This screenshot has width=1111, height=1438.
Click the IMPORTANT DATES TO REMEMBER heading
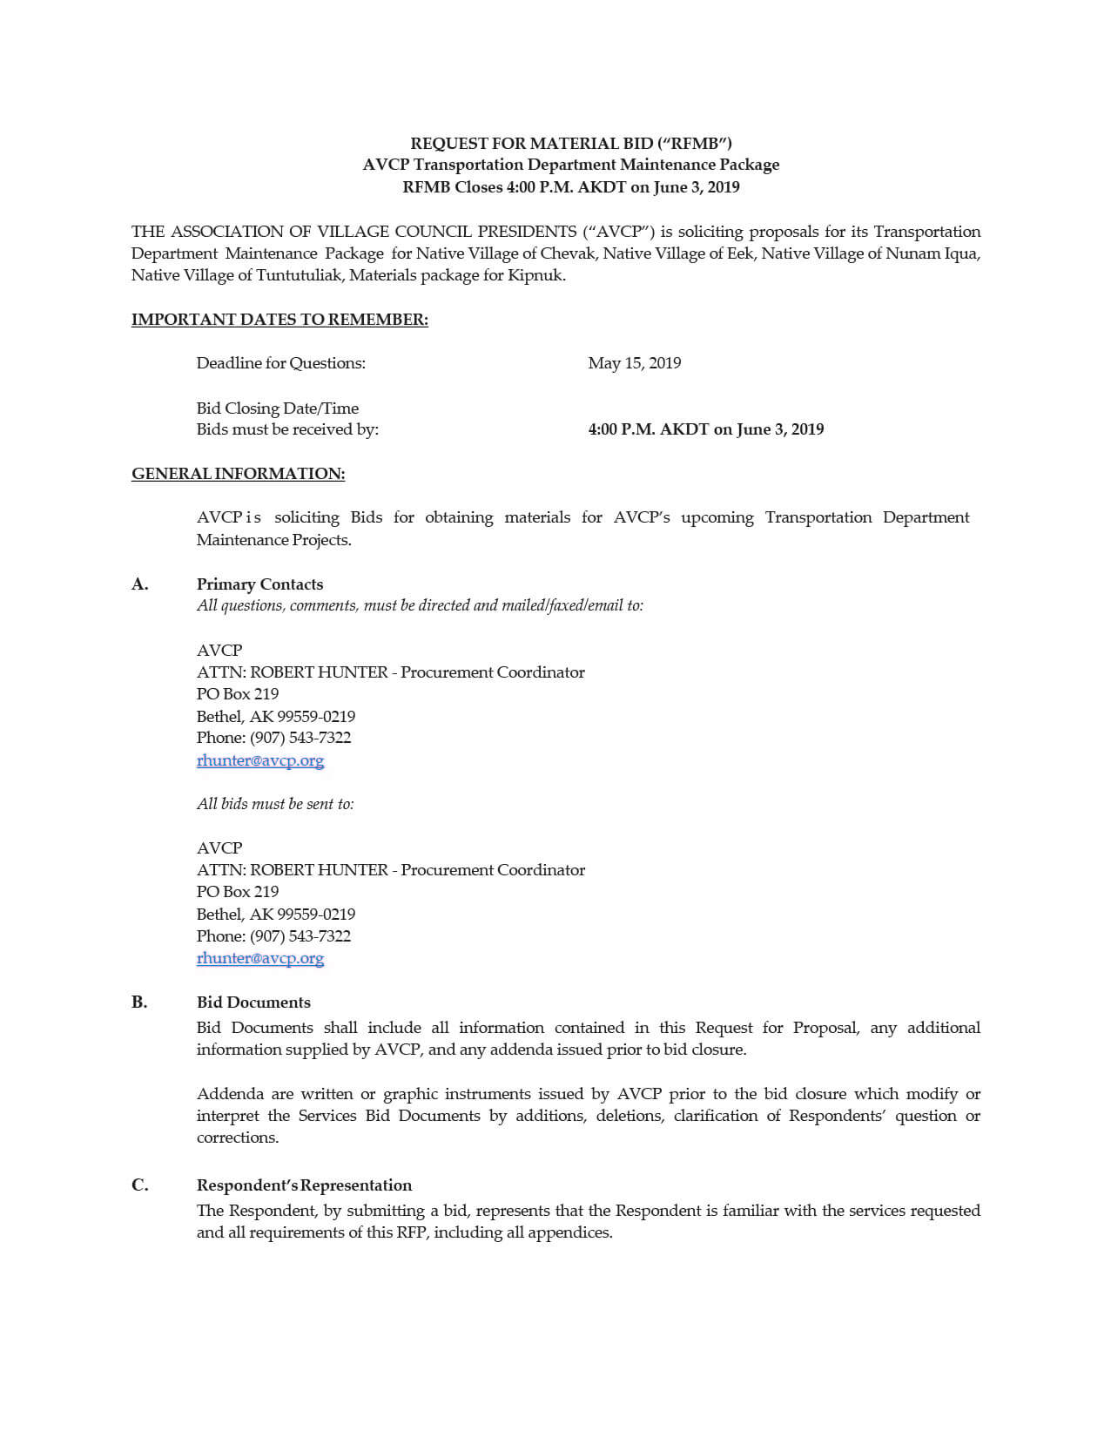[279, 320]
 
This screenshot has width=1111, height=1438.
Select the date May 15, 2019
[634, 363]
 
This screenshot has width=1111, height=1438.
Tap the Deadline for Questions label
[280, 363]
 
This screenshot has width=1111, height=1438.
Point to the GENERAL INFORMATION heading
[238, 474]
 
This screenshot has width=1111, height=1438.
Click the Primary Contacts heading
[259, 584]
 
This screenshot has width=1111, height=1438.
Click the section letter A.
[139, 584]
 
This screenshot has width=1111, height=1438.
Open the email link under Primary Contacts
[260, 760]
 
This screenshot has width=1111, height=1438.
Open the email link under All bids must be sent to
[260, 958]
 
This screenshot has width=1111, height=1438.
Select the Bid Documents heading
[253, 1003]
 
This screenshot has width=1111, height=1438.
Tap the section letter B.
[139, 1003]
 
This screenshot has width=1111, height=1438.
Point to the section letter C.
[139, 1185]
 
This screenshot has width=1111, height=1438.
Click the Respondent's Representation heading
[304, 1185]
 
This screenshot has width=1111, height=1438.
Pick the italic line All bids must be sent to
[275, 804]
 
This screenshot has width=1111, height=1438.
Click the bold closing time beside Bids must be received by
[705, 429]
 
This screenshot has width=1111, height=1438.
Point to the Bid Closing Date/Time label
[277, 408]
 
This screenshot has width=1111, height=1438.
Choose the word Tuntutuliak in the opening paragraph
[298, 275]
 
